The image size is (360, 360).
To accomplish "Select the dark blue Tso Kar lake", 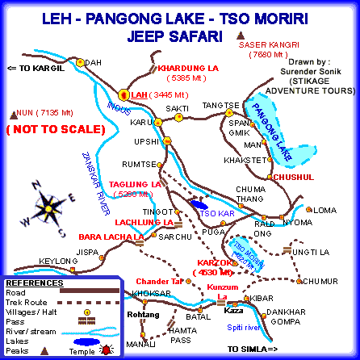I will click(x=197, y=205).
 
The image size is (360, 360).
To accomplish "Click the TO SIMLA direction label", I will click(x=252, y=348).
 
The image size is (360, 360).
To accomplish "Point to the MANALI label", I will click(x=140, y=344).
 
